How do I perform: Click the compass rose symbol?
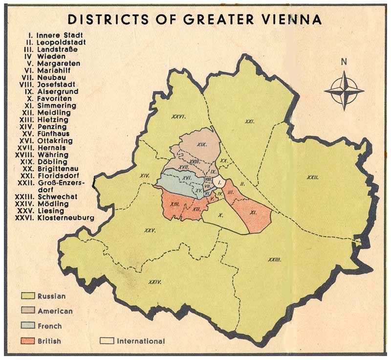pyautogui.click(x=344, y=90)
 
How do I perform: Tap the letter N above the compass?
pyautogui.click(x=344, y=62)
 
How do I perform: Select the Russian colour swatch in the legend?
pyautogui.click(x=27, y=296)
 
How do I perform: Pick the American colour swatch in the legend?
pyautogui.click(x=27, y=311)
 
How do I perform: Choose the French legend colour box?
pyautogui.click(x=27, y=326)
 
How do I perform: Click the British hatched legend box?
pyautogui.click(x=27, y=341)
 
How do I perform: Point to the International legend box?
pyautogui.click(x=107, y=341)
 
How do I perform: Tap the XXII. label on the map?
pyautogui.click(x=312, y=178)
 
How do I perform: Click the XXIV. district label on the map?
pyautogui.click(x=154, y=282)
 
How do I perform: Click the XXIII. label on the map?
pyautogui.click(x=274, y=259)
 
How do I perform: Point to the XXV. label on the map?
pyautogui.click(x=150, y=230)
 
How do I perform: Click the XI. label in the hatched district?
pyautogui.click(x=253, y=212)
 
